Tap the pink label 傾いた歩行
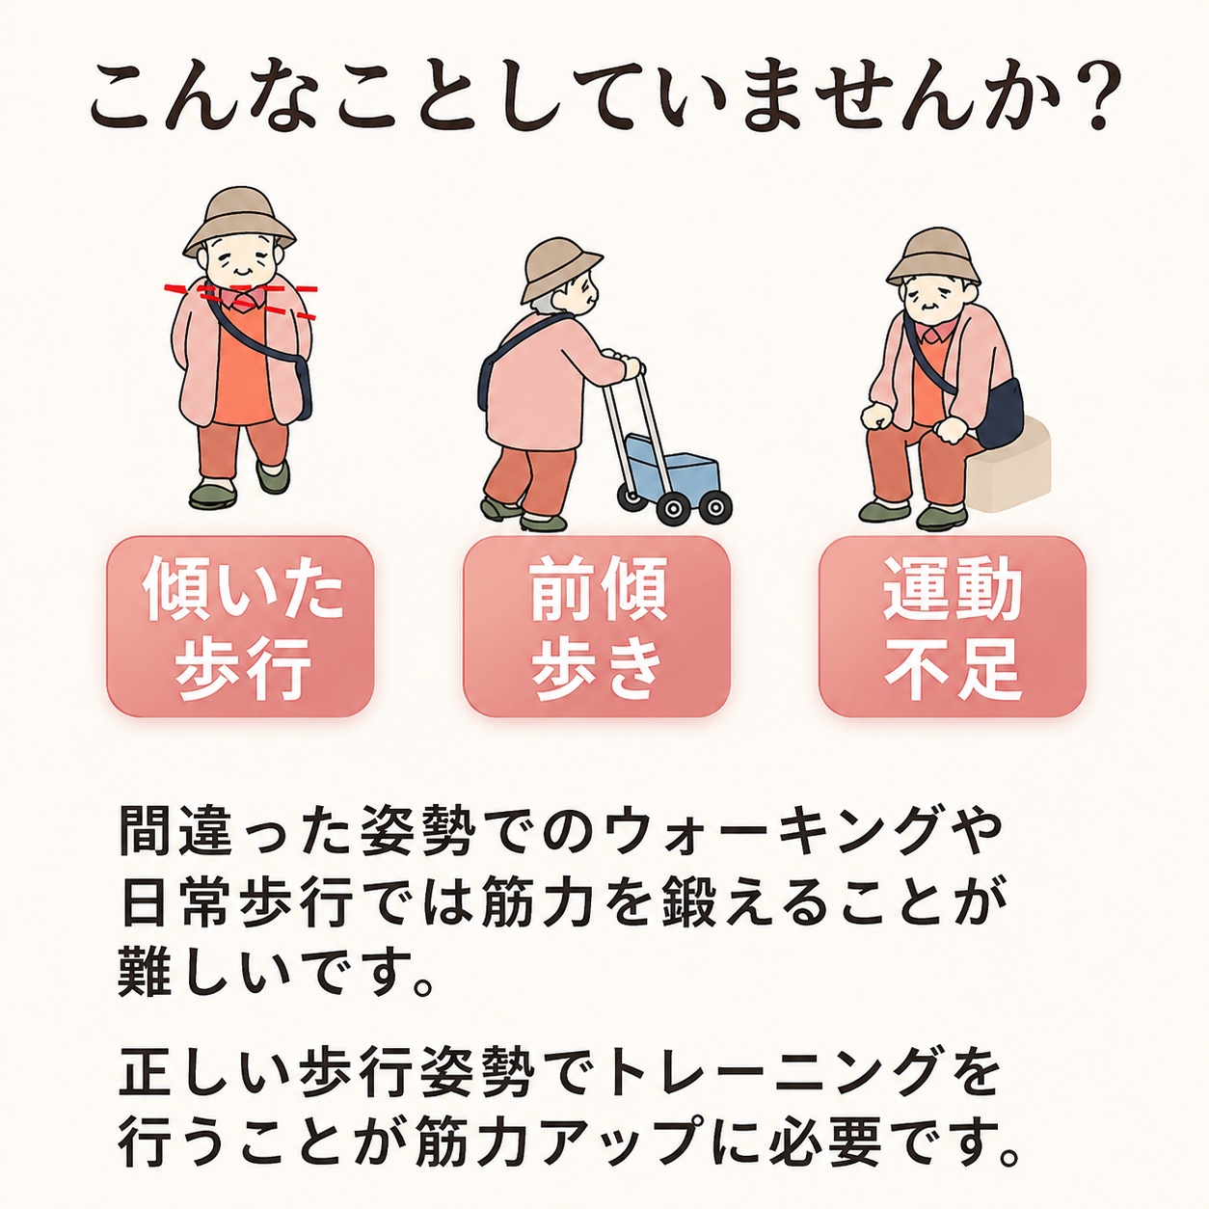[240, 627]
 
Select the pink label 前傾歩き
[597, 627]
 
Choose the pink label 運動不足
[953, 627]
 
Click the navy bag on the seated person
[999, 414]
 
